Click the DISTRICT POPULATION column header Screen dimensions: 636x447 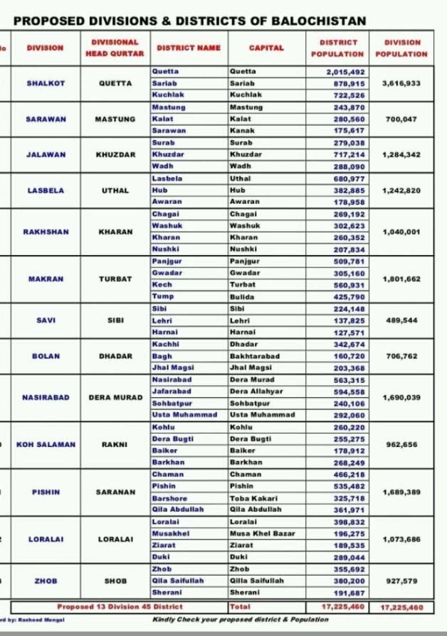tap(342, 48)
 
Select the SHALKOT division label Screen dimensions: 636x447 tap(46, 83)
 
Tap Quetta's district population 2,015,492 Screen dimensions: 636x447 tap(345, 72)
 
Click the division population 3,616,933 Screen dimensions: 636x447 tap(401, 83)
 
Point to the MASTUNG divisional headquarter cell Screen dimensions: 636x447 tap(115, 120)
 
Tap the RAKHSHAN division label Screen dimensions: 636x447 tap(46, 231)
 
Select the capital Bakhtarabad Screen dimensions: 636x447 tap(254, 355)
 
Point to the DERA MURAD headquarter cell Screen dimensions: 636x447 tap(115, 397)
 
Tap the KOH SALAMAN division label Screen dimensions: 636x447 tap(46, 444)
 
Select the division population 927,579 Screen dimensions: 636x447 tap(401, 581)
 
